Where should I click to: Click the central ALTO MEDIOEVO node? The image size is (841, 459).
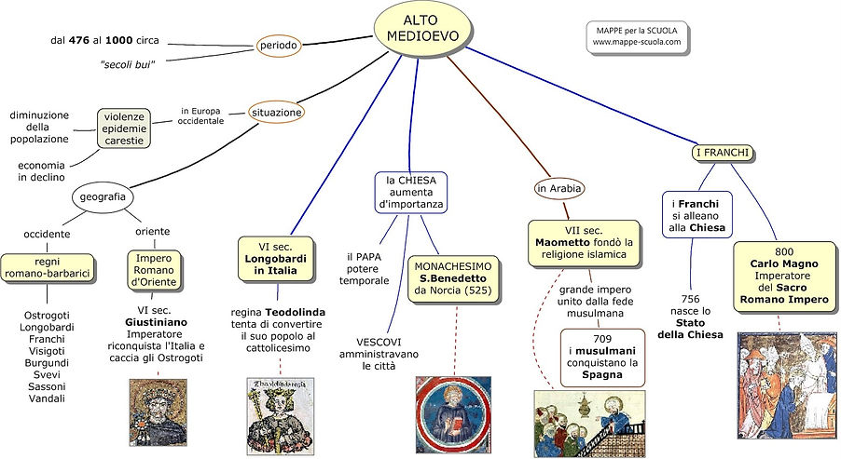pos(423,28)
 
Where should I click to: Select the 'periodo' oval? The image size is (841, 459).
pos(279,46)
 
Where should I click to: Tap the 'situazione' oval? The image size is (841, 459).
pos(277,113)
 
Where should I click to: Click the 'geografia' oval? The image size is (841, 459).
pos(103,196)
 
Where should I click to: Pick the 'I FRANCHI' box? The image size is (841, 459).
pos(723,153)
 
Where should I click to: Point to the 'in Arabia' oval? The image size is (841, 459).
pos(558,188)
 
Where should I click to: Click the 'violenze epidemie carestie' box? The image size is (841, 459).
pos(124,128)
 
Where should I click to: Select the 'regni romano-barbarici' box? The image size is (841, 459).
pos(48,268)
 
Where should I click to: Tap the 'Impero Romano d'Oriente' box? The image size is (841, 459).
pos(154,270)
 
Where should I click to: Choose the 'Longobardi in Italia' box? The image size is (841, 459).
pos(275,259)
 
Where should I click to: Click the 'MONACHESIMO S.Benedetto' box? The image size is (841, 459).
pos(453,278)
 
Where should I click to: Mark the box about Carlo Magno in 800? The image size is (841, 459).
pos(784,277)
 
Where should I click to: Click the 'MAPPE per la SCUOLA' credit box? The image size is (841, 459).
pos(637,36)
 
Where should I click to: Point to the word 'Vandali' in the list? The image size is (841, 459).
pos(47,398)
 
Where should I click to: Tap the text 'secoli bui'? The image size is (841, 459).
pos(128,65)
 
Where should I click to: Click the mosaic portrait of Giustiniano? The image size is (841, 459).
pos(159,412)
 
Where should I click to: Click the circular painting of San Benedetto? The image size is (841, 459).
pos(453,413)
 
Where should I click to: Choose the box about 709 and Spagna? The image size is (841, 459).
pos(601,358)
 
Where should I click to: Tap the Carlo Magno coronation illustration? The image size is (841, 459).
pos(786,385)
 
